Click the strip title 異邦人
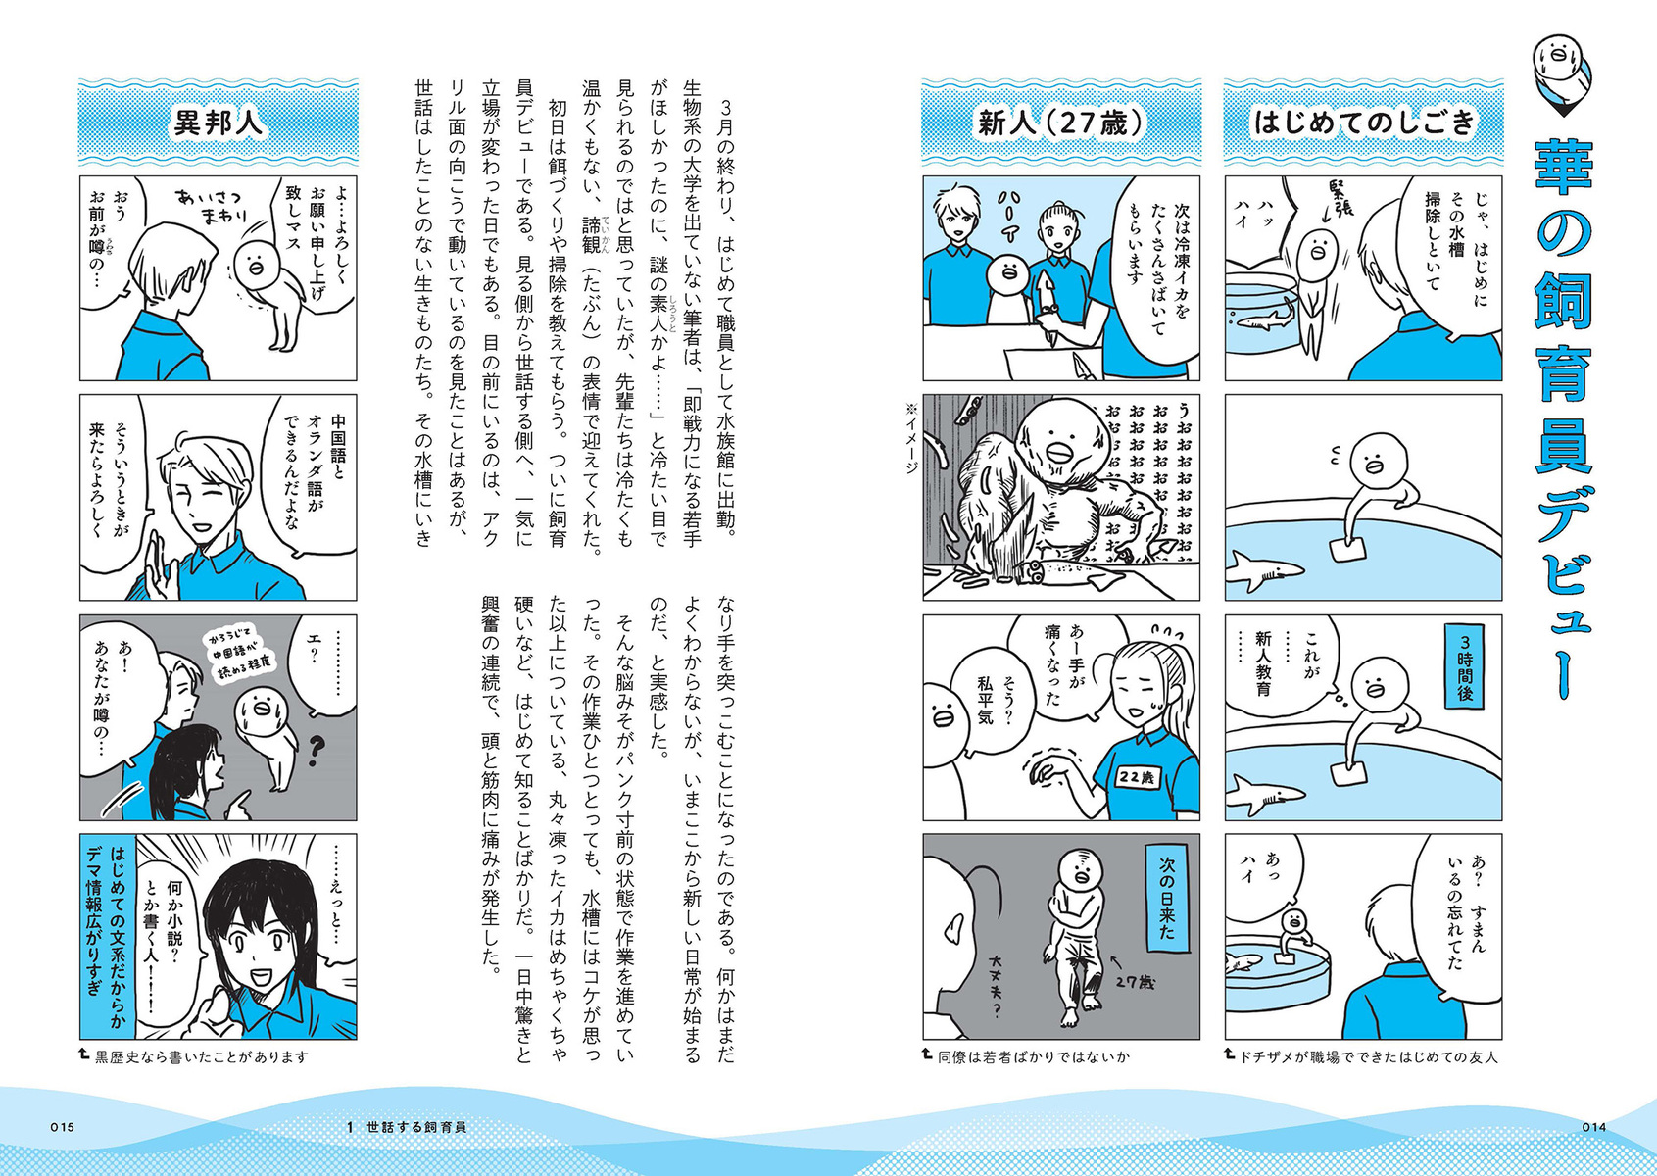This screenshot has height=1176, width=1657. click(x=219, y=122)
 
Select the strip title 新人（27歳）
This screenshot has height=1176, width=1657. click(x=1061, y=122)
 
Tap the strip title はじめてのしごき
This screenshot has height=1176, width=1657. click(x=1363, y=122)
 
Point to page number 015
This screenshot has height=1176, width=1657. click(x=63, y=1127)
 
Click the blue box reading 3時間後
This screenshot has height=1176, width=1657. click(x=1465, y=665)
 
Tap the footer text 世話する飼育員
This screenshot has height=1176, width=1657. click(x=416, y=1127)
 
